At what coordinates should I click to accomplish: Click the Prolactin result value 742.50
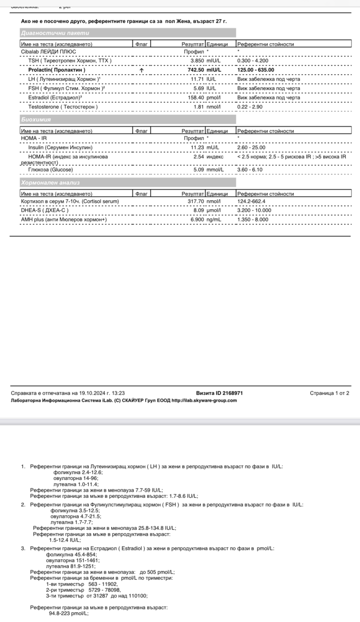(196, 70)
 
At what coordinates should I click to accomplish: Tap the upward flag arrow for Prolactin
(142, 70)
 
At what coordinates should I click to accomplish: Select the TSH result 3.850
(197, 61)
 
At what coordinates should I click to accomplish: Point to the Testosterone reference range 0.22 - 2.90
(250, 107)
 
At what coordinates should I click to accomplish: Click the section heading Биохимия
(36, 120)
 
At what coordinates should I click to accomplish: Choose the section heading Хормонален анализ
(50, 183)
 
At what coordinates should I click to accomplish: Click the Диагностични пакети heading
(55, 33)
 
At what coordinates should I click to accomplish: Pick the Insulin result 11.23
(197, 148)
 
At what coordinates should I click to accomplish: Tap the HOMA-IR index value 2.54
(199, 157)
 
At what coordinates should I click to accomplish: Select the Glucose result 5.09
(199, 170)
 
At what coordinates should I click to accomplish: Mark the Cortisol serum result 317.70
(196, 201)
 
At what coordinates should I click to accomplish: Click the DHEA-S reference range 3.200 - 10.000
(254, 211)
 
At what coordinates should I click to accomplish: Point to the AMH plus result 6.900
(197, 220)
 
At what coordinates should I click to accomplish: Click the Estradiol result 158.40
(196, 98)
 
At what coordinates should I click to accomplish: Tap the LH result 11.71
(197, 79)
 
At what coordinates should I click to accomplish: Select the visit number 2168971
(233, 393)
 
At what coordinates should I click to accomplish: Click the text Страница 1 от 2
(329, 393)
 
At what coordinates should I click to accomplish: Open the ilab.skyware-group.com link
(204, 400)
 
